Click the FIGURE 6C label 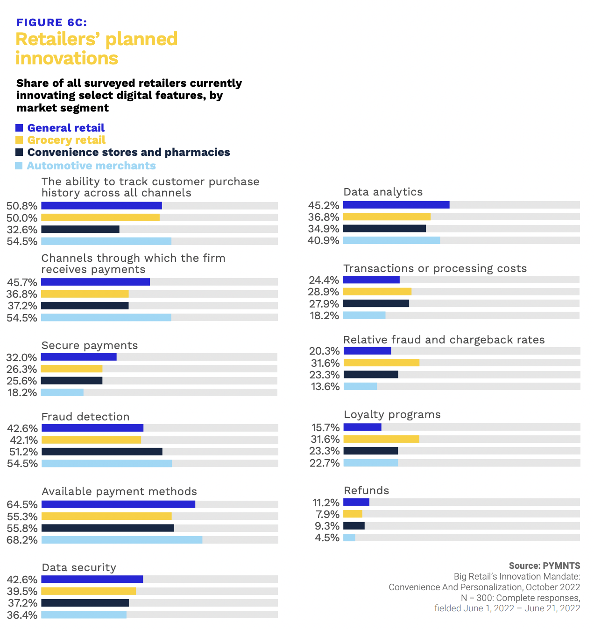51,22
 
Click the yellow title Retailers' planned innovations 96,49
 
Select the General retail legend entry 65,128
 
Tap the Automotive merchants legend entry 91,166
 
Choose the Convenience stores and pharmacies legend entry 128,152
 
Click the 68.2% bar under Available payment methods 122,540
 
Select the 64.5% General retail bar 118,504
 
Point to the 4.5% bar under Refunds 349,538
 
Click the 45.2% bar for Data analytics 396,205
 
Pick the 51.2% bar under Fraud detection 102,452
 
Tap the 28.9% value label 323,292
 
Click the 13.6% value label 325,387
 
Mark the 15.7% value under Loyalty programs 325,427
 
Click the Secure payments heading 90,345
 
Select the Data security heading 79,567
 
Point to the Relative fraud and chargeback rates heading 444,340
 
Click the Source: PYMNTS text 544,566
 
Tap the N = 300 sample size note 520,598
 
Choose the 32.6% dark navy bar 80,229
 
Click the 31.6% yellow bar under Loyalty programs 381,439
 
